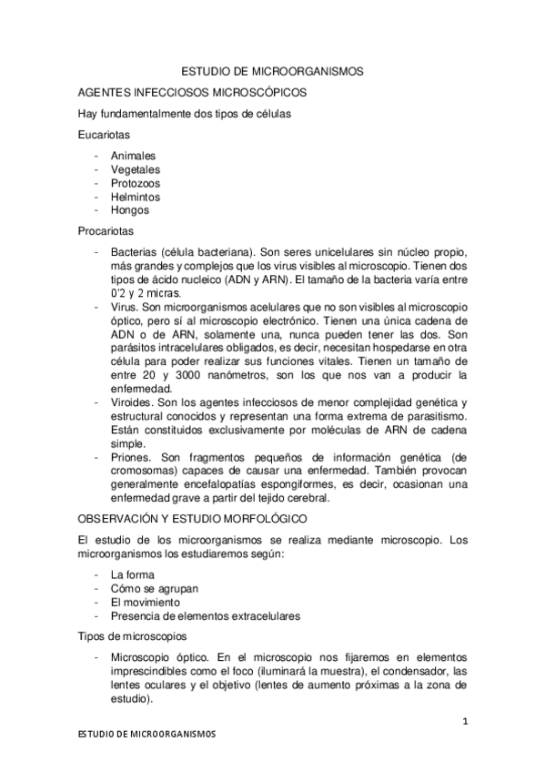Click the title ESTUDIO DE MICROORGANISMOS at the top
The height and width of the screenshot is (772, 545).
pyautogui.click(x=272, y=69)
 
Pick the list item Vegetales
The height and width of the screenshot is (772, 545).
pyautogui.click(x=135, y=169)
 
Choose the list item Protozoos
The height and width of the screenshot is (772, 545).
pyautogui.click(x=134, y=183)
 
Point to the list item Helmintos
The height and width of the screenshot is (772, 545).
pyautogui.click(x=135, y=197)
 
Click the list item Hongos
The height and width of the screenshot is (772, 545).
pyautogui.click(x=129, y=210)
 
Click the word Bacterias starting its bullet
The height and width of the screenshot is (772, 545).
pyautogui.click(x=133, y=252)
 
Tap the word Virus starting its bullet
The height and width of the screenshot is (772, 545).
pyautogui.click(x=124, y=308)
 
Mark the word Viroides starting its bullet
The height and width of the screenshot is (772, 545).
pyautogui.click(x=132, y=403)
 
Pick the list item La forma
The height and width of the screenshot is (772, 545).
pyautogui.click(x=132, y=575)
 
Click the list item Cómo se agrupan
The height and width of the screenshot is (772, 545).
pyautogui.click(x=151, y=589)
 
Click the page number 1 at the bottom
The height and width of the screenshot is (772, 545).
pyautogui.click(x=464, y=722)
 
